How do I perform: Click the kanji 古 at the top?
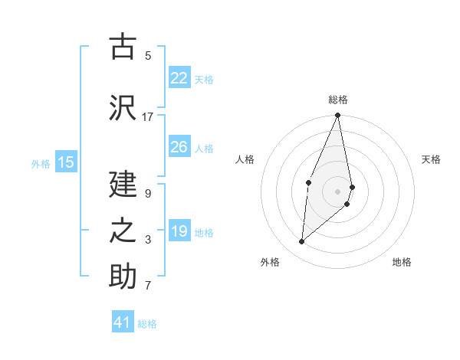pyautogui.click(x=123, y=47)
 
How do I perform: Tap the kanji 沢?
pyautogui.click(x=123, y=107)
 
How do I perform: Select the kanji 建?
pyautogui.click(x=123, y=185)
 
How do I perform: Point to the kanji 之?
pyautogui.click(x=123, y=231)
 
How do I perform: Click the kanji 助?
pyautogui.click(x=123, y=277)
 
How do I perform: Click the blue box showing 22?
pyautogui.click(x=179, y=78)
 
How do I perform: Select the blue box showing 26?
pyautogui.click(x=179, y=147)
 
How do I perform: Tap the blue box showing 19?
pyautogui.click(x=179, y=231)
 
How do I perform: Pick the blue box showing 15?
pyautogui.click(x=66, y=162)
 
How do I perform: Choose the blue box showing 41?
pyautogui.click(x=123, y=322)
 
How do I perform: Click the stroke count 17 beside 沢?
pyautogui.click(x=148, y=117)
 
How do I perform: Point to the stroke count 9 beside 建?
pyautogui.click(x=148, y=194)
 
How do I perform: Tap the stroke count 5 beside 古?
pyautogui.click(x=148, y=56)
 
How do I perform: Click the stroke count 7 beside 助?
pyautogui.click(x=148, y=286)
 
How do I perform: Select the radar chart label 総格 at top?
pyautogui.click(x=338, y=100)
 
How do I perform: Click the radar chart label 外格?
pyautogui.click(x=270, y=263)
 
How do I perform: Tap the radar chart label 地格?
pyautogui.click(x=402, y=263)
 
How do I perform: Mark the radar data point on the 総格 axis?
pyautogui.click(x=337, y=116)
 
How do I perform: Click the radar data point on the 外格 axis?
pyautogui.click(x=302, y=241)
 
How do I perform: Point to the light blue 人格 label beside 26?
pyautogui.click(x=204, y=148)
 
